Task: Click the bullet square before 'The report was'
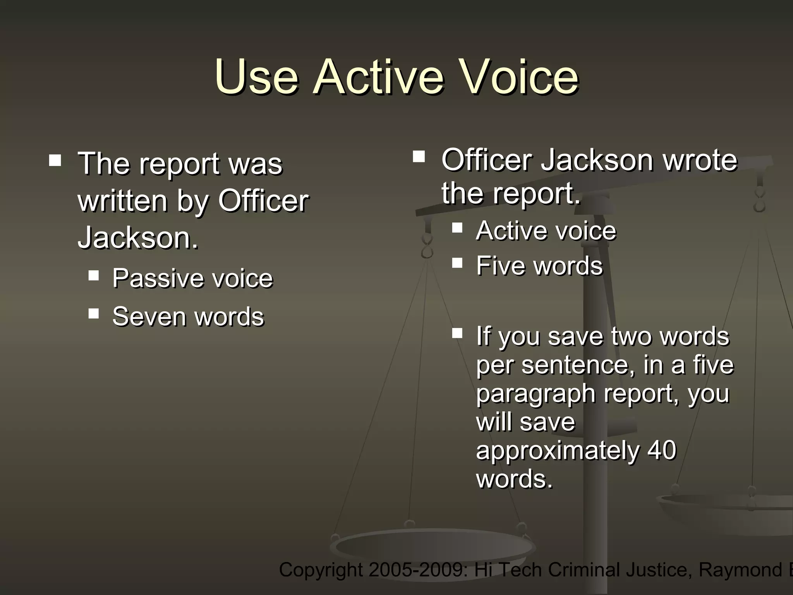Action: point(55,160)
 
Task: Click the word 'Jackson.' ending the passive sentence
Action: point(138,237)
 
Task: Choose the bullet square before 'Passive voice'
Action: point(93,275)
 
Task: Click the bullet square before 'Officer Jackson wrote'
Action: point(419,156)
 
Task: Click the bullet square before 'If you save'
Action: point(457,333)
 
